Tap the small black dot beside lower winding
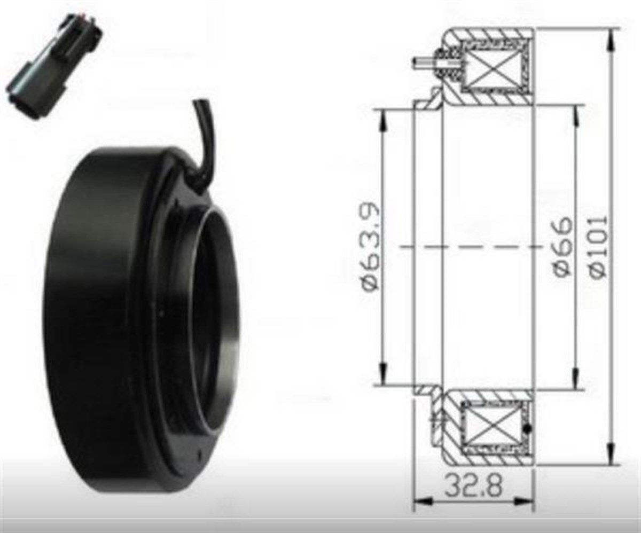[528, 429]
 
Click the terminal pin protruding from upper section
[422, 62]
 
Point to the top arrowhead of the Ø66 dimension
[575, 112]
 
